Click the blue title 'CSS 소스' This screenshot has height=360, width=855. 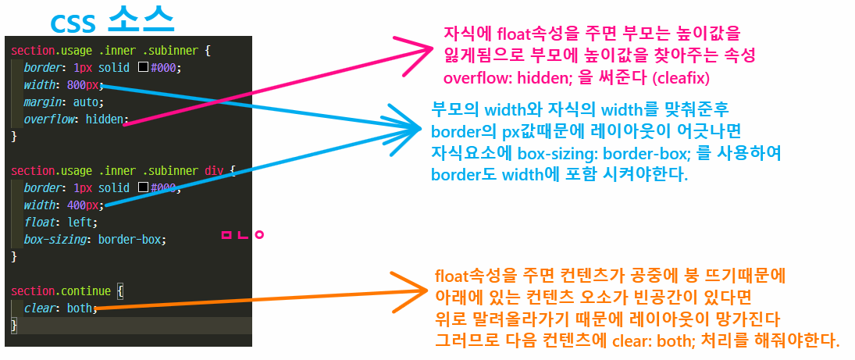coord(111,19)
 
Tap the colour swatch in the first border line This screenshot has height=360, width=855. coord(143,68)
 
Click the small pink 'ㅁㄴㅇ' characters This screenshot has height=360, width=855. coord(243,233)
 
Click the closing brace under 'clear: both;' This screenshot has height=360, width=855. coord(14,326)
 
